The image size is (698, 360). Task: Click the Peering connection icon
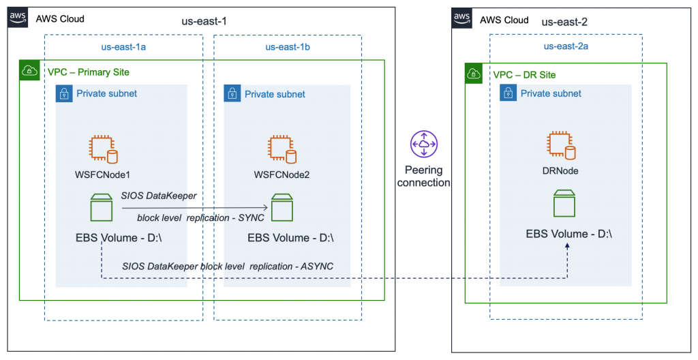tap(424, 145)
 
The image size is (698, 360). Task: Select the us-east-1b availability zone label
tap(290, 47)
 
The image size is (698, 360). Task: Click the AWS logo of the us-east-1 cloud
tap(19, 18)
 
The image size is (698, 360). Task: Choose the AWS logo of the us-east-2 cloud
tap(463, 18)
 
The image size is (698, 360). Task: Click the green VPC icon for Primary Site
tap(30, 71)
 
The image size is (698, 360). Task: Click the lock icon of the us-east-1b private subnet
tap(232, 94)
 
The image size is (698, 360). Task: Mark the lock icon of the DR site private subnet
tap(509, 93)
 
